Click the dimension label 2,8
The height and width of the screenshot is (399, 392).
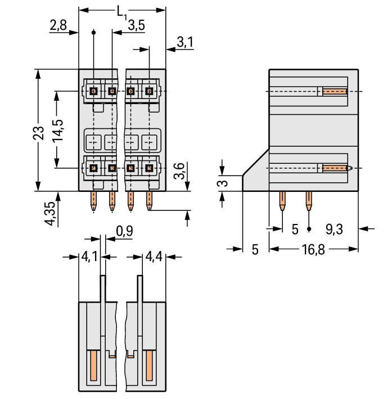pos(58,25)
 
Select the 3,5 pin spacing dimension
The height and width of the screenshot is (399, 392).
pos(136,25)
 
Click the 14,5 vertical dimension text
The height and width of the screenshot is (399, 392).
pos(57,130)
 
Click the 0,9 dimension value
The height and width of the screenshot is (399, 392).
pos(124,231)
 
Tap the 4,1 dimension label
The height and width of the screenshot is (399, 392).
pos(89,257)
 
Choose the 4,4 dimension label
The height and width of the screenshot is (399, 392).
pos(154,257)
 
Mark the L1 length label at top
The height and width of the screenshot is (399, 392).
pos(122,11)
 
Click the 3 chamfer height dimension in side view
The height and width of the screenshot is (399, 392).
pos(223,183)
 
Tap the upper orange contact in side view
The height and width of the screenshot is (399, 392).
pos(334,91)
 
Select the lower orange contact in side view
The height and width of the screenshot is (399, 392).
pos(335,168)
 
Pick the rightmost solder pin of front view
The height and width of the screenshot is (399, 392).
pos(149,201)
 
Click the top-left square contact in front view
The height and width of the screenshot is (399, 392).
pos(94,91)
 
